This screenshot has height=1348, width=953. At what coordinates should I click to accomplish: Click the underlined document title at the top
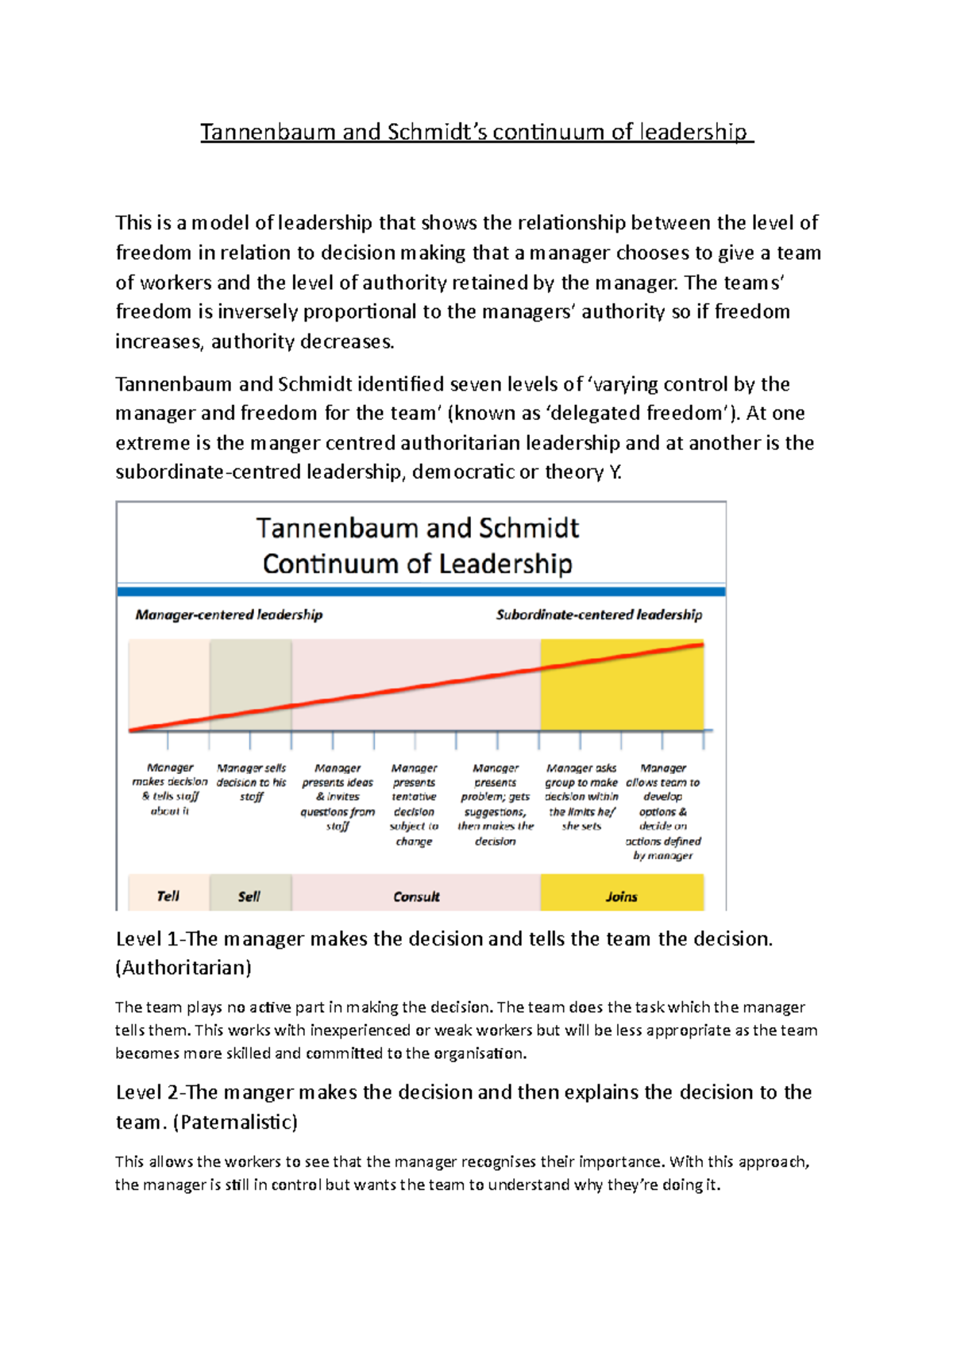476,132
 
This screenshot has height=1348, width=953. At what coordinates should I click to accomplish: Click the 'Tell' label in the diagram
168,895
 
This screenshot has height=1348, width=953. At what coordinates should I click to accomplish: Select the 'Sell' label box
249,895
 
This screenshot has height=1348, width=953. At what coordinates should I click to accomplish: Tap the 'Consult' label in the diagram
416,896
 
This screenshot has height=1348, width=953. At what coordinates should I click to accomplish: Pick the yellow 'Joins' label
621,896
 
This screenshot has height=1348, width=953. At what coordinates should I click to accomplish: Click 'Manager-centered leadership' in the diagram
229,614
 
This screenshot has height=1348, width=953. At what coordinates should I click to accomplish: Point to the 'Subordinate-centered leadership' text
599,614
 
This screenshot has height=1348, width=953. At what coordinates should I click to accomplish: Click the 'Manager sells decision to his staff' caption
251,782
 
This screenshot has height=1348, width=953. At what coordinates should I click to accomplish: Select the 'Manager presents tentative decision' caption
414,804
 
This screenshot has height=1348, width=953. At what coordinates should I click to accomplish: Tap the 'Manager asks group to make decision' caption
581,796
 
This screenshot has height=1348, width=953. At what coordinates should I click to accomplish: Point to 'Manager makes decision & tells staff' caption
170,789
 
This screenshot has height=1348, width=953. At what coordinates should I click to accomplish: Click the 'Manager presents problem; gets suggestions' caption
496,804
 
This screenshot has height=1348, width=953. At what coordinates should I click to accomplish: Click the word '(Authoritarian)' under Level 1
183,968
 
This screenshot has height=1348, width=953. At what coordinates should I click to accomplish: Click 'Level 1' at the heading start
147,939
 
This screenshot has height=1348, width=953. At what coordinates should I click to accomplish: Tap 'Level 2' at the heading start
147,1092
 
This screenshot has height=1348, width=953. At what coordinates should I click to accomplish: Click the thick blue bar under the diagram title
421,591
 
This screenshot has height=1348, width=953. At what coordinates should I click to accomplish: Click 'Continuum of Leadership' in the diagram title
418,564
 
